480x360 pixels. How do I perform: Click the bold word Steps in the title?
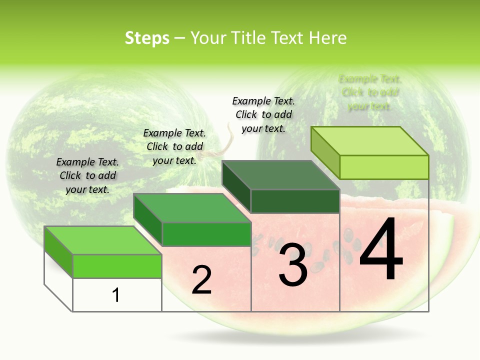147,38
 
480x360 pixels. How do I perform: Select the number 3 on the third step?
293,265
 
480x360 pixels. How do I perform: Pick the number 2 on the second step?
201,280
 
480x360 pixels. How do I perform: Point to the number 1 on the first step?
115,295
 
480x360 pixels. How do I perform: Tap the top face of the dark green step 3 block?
280,175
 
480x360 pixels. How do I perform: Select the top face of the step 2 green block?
192,208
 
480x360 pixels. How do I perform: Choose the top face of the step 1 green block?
103,240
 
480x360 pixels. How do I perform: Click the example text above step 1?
87,175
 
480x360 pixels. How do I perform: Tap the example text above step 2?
174,146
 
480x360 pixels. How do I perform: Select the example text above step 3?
263,114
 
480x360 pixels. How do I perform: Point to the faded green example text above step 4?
370,92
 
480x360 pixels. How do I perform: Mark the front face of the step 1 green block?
117,266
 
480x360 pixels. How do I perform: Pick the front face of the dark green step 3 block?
295,201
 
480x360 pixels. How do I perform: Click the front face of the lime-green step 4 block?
384,167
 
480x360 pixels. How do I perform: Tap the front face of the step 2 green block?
206,234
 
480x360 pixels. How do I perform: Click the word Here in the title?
328,38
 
